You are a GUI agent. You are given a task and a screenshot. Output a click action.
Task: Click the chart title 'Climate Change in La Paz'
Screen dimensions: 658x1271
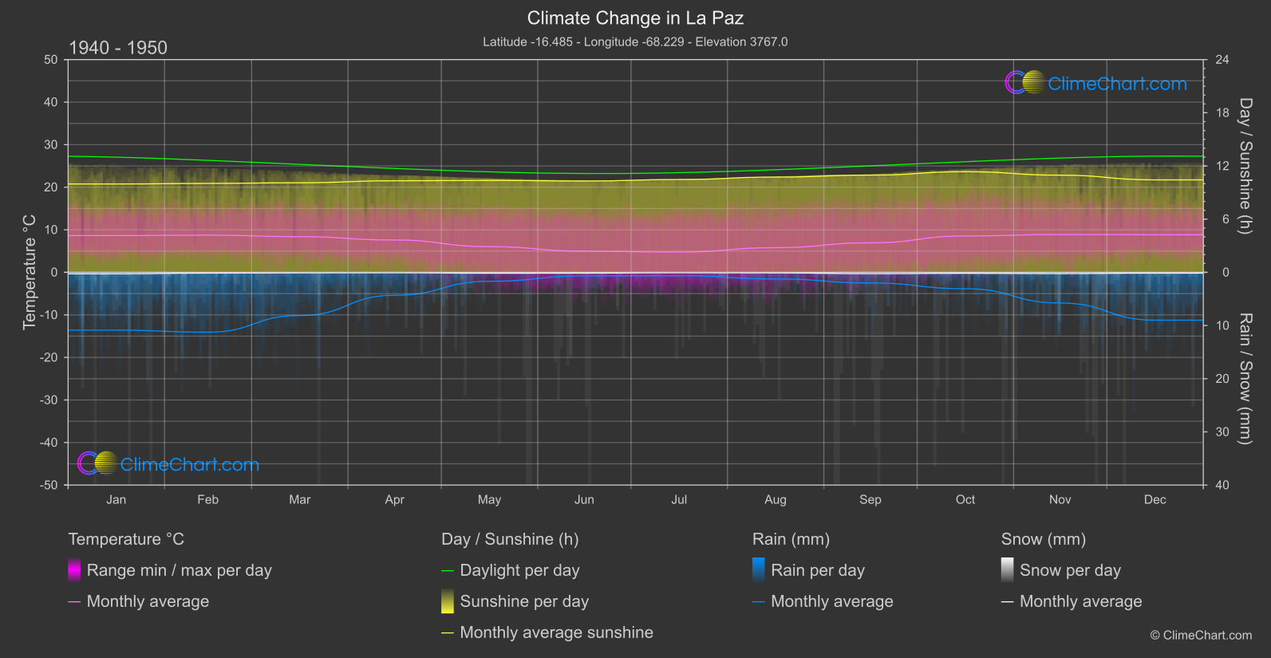[635, 18]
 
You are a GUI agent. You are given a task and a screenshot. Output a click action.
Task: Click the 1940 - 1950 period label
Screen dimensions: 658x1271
[118, 48]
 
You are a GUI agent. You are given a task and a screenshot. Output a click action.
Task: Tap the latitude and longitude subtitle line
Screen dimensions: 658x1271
[635, 41]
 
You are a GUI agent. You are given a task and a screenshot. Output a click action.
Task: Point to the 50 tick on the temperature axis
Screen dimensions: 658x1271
[51, 60]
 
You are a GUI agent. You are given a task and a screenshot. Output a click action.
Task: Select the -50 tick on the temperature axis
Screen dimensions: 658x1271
[49, 485]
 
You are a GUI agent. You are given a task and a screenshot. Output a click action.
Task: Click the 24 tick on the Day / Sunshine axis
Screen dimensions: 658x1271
[1222, 60]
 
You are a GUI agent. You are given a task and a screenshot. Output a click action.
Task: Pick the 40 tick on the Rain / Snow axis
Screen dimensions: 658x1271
[1222, 485]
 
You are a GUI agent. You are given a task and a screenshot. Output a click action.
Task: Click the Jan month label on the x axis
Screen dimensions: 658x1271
[116, 499]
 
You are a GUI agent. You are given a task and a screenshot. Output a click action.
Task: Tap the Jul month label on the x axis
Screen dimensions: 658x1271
[679, 499]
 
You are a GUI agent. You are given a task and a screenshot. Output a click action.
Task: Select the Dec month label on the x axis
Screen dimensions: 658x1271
[1155, 499]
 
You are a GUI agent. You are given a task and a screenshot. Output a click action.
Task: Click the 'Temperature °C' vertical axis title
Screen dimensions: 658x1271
[30, 272]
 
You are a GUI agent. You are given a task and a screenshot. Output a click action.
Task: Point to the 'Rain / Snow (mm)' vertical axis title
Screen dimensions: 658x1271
[1245, 378]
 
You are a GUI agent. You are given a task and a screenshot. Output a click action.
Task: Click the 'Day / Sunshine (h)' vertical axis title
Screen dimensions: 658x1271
[1245, 166]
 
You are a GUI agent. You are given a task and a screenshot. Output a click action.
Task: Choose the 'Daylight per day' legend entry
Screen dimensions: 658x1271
[519, 570]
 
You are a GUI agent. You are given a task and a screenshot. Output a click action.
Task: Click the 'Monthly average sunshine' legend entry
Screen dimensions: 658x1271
[556, 632]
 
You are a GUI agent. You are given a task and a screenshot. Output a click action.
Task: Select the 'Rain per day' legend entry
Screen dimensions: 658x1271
[817, 570]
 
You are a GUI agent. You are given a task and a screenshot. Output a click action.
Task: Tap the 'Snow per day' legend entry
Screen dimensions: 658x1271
[1070, 570]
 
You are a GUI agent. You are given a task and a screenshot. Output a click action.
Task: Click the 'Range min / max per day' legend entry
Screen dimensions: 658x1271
[179, 570]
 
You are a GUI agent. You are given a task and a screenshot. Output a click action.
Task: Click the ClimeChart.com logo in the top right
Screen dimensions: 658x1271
[1096, 83]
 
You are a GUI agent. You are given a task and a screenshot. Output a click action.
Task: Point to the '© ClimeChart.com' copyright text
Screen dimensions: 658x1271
[1201, 635]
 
